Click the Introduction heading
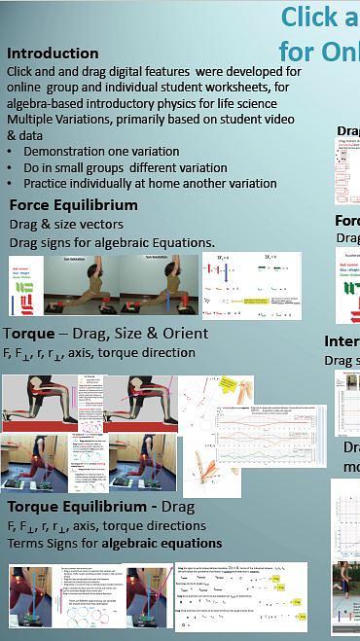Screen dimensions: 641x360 [x=53, y=53]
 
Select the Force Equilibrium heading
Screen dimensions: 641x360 [x=73, y=205]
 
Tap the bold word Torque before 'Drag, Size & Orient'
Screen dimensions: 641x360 [x=28, y=334]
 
